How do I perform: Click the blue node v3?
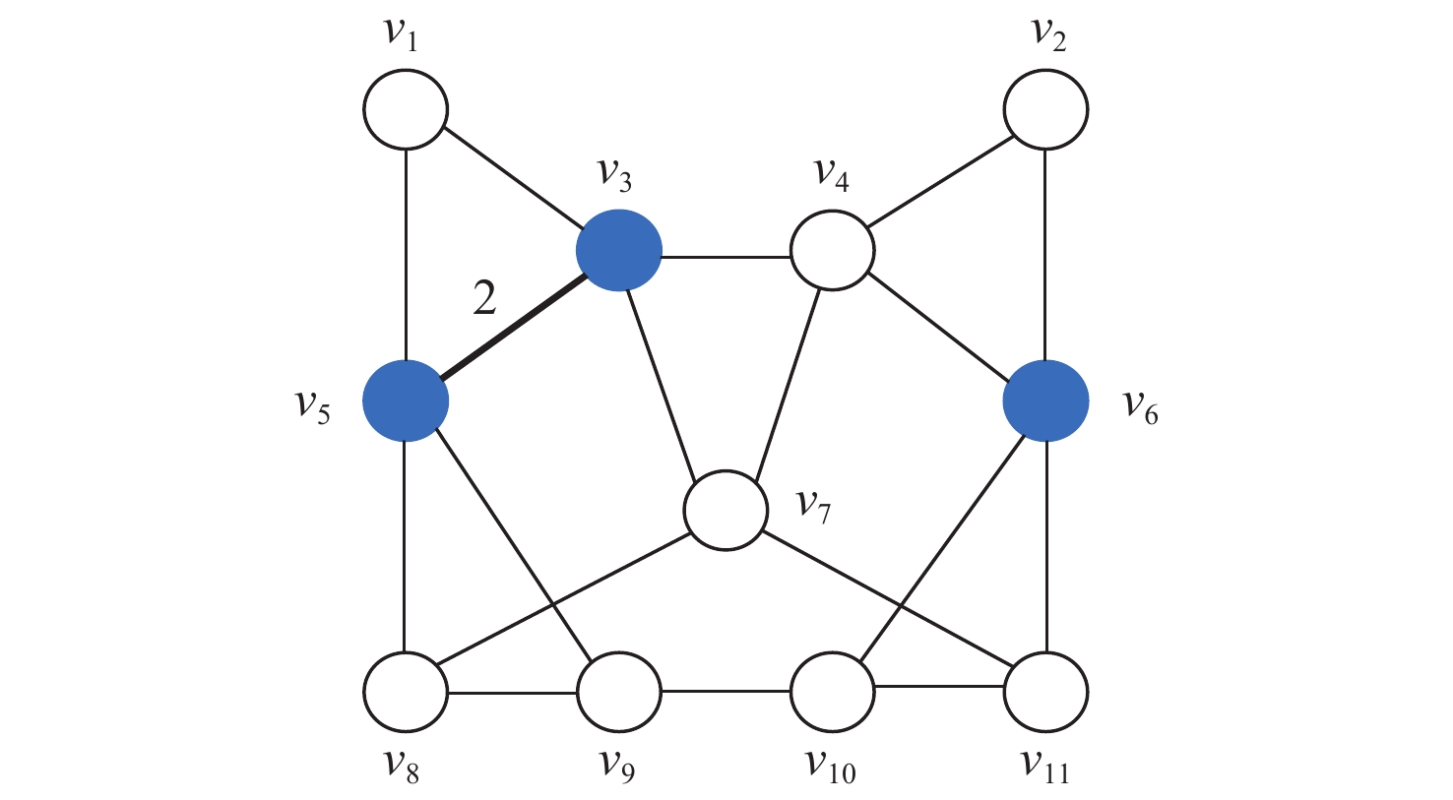coord(618,251)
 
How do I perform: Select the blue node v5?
coord(406,400)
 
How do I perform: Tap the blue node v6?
coord(1045,400)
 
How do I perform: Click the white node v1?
coord(406,108)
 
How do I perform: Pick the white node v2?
coord(1045,108)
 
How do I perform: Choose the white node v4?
coord(833,251)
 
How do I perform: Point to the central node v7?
coord(726,510)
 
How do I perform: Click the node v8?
coord(406,692)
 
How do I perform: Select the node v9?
coord(618,692)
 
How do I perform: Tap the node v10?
coord(833,692)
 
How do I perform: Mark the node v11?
coord(1045,692)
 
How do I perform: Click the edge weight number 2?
coord(484,298)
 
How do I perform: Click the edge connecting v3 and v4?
coord(726,256)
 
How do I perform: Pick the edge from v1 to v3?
coord(512,176)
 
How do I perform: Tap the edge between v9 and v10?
coord(726,692)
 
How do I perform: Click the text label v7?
coord(813,506)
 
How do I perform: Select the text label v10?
coord(831,765)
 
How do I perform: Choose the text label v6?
coord(1141,405)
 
